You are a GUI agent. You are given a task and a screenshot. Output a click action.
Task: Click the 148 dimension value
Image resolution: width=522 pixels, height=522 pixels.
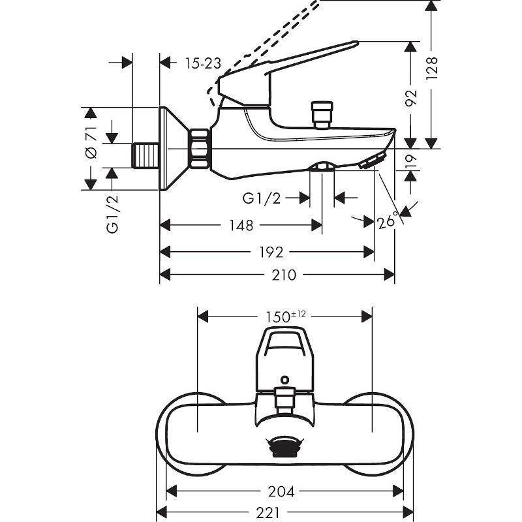pyautogui.click(x=241, y=225)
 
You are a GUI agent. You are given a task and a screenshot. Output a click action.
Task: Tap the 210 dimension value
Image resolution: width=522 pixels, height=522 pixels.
pyautogui.click(x=284, y=275)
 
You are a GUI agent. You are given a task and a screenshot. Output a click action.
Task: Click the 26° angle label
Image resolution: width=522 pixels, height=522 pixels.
pyautogui.click(x=388, y=222)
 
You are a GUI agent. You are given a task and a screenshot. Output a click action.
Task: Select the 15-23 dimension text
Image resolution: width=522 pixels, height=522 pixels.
pyautogui.click(x=202, y=63)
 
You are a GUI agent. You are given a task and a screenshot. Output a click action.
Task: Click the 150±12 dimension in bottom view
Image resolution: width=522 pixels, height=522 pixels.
pyautogui.click(x=286, y=316)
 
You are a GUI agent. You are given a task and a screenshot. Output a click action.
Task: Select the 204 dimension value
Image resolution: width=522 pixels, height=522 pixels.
pyautogui.click(x=284, y=491)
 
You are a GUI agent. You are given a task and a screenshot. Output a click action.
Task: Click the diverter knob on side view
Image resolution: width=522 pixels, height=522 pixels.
pyautogui.click(x=322, y=114)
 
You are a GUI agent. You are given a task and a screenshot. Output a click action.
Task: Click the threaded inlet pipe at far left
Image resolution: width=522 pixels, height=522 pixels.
pyautogui.click(x=146, y=154)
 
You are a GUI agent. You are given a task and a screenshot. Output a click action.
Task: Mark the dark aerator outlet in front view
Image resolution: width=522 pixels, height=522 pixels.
pyautogui.click(x=284, y=448)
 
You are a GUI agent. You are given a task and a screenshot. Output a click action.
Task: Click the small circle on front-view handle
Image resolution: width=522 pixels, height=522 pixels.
pyautogui.click(x=284, y=378)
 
